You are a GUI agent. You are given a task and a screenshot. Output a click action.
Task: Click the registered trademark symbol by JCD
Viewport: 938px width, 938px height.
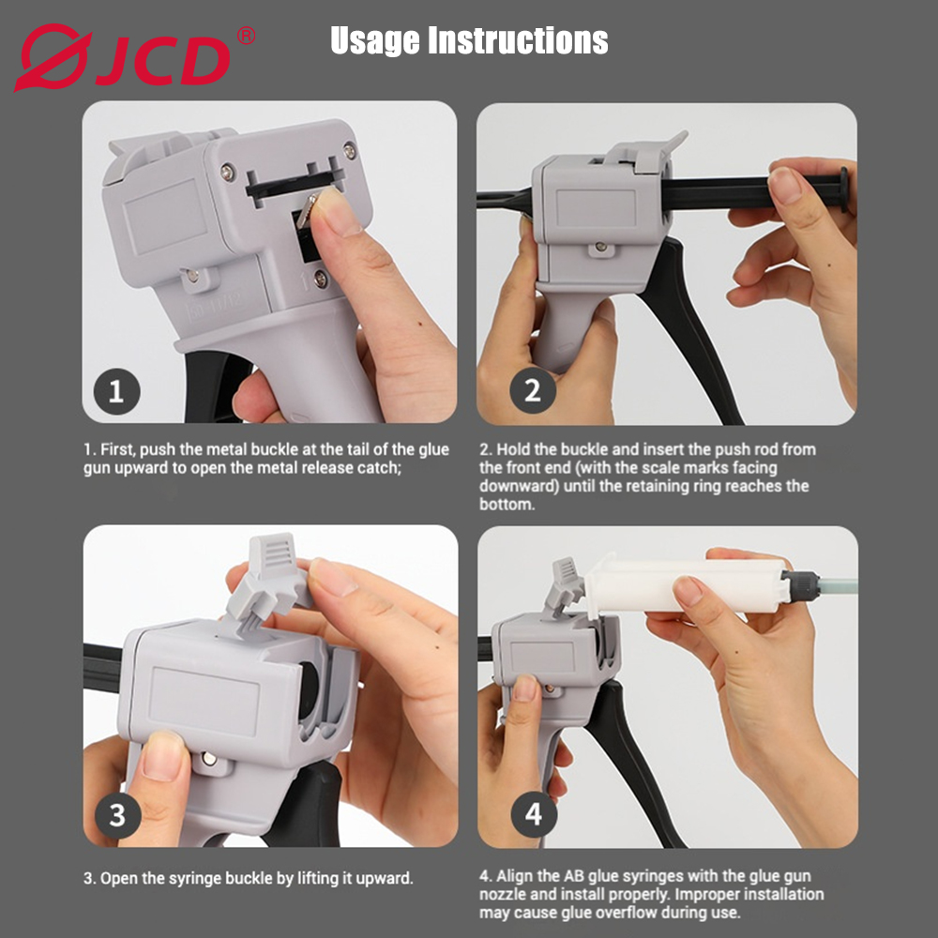tap(246, 37)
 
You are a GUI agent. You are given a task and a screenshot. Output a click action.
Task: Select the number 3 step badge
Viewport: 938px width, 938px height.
tap(116, 814)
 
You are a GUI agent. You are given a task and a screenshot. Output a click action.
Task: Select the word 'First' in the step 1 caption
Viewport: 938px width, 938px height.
tap(117, 450)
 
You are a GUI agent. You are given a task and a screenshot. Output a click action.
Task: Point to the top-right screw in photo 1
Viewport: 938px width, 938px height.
tap(349, 150)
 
